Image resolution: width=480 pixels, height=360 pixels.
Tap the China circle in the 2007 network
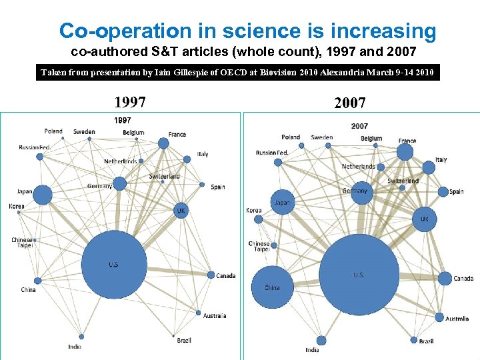click(x=272, y=287)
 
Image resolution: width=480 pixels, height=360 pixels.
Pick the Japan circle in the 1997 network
click(x=42, y=195)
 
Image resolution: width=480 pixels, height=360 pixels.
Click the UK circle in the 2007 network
click(x=424, y=219)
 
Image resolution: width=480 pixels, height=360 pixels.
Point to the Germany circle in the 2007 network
click(x=361, y=193)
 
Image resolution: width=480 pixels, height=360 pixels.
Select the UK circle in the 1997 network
click(x=181, y=210)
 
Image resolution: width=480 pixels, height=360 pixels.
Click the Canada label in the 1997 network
click(x=226, y=276)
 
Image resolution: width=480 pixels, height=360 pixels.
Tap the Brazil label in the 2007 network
click(x=426, y=341)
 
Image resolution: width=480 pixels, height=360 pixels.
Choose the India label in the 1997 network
click(x=75, y=346)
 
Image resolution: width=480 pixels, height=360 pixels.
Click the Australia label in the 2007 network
click(x=457, y=319)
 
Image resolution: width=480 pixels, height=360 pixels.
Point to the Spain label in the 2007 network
click(x=457, y=192)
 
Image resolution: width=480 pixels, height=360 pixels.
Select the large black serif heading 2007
click(x=350, y=103)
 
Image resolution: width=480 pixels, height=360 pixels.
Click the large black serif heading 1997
click(x=130, y=103)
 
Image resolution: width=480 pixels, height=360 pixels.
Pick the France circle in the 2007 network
click(x=405, y=153)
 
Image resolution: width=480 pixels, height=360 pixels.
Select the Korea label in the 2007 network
click(x=254, y=210)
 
